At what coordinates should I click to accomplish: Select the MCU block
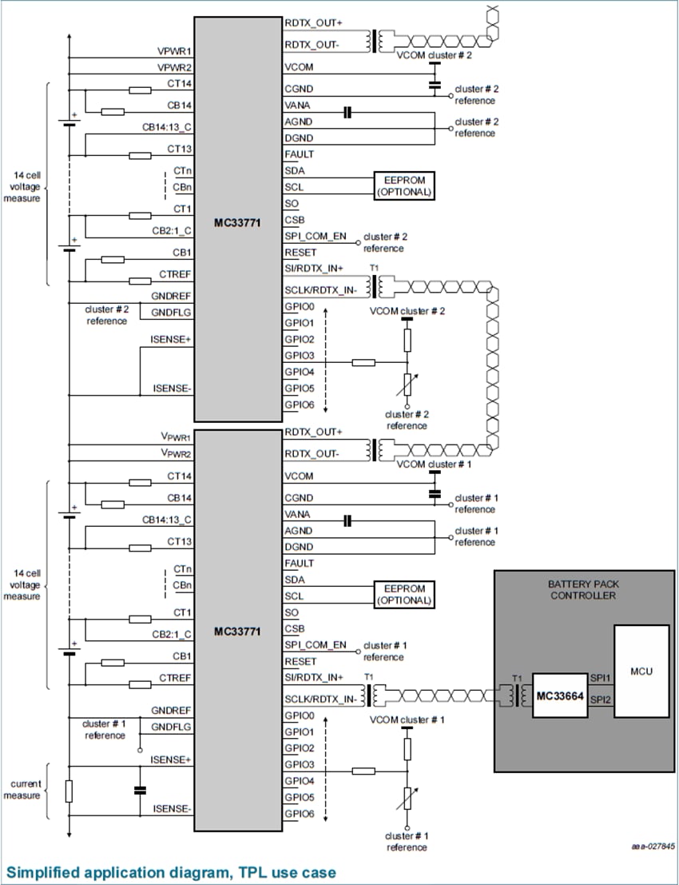point(641,671)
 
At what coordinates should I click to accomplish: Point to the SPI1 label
point(599,677)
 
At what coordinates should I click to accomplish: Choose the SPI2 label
point(599,700)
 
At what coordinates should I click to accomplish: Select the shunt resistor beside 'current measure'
point(69,791)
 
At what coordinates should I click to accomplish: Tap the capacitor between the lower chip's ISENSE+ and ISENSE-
point(140,790)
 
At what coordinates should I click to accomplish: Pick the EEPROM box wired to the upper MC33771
point(404,186)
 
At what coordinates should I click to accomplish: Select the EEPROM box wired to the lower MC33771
point(404,595)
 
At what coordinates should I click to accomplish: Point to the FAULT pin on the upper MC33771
point(300,154)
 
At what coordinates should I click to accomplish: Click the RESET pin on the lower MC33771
point(300,661)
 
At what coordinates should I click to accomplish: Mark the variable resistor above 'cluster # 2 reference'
point(407,386)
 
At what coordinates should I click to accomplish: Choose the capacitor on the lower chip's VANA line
point(347,521)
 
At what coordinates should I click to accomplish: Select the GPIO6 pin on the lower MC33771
point(300,814)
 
